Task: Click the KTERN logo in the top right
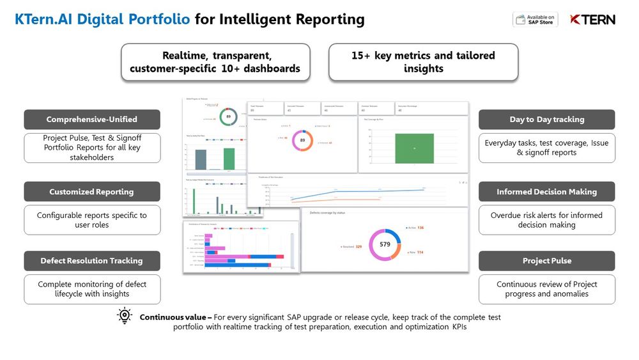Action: (592, 19)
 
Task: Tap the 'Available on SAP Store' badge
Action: (535, 19)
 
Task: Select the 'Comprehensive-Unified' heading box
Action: (92, 120)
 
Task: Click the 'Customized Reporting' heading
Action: (92, 192)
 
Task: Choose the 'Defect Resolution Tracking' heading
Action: (92, 261)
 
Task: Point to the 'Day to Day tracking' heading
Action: (546, 120)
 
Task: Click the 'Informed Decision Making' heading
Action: (546, 192)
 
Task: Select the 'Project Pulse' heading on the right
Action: (546, 261)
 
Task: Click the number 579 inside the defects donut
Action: (385, 244)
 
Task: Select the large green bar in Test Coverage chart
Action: (414, 148)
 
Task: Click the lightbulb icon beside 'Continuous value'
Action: (124, 317)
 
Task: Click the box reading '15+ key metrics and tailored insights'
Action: (423, 62)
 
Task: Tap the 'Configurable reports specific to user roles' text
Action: (92, 220)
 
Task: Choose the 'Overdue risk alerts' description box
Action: (546, 220)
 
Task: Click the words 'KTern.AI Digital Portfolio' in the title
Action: (102, 19)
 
